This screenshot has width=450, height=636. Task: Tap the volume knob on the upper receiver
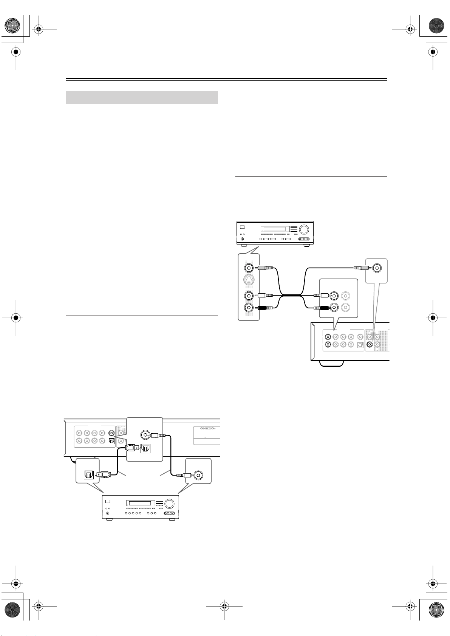pos(303,229)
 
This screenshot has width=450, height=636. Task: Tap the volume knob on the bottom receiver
pos(170,504)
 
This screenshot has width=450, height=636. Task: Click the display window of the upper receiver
pos(274,229)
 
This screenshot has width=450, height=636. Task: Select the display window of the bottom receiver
pos(140,504)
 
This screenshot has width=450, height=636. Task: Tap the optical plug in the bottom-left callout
pos(103,474)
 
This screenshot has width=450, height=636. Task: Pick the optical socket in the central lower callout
pos(146,448)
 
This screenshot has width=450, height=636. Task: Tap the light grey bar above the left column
pos(142,97)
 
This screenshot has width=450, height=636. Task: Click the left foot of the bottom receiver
pos(109,520)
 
